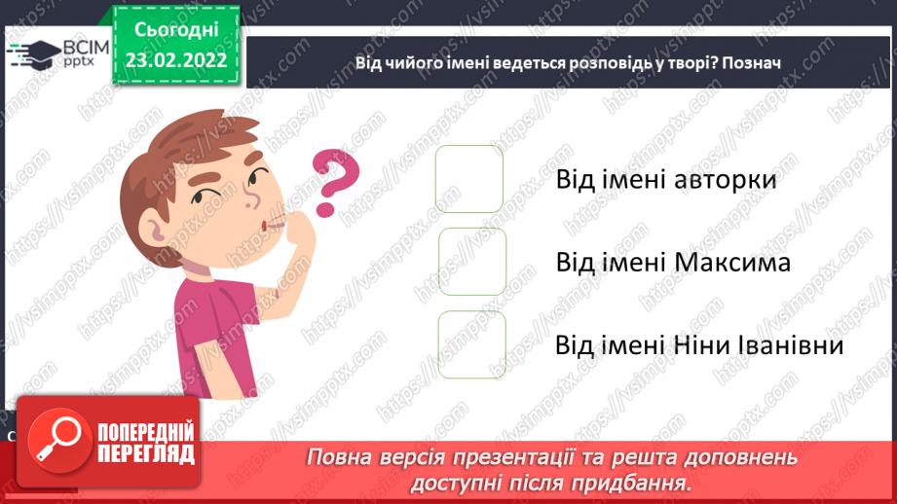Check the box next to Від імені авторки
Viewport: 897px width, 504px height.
pos(469,179)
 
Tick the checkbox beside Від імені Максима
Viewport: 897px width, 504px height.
pos(472,262)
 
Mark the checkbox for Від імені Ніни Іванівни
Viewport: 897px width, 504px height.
pos(472,344)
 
